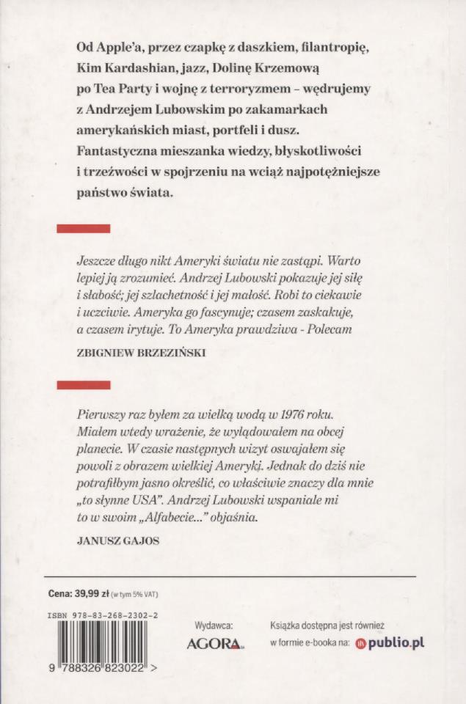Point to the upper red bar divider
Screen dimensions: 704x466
[x=84, y=229]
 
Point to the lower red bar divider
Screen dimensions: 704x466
[x=84, y=384]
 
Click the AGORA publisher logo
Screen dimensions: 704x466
[x=213, y=644]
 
